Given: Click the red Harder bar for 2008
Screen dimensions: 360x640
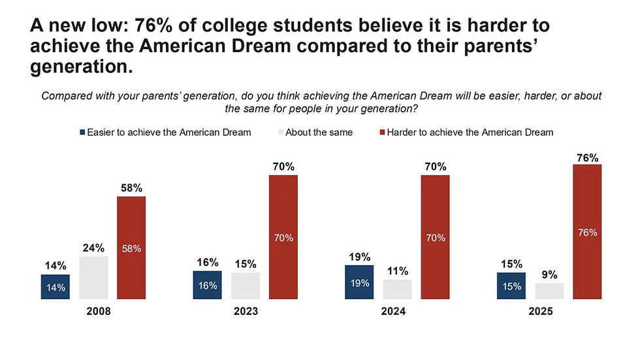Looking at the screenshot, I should tap(131, 248).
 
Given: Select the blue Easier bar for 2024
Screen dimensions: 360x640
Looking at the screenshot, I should tap(359, 282).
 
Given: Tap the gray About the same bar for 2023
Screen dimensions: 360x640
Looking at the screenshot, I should tap(246, 286).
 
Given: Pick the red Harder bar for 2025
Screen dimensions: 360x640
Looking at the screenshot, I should tap(586, 232).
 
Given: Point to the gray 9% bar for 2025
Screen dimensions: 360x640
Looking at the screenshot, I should tap(549, 291).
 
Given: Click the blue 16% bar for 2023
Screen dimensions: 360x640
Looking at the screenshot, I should tap(208, 285).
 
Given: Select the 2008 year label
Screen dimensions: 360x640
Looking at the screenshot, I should tap(99, 312).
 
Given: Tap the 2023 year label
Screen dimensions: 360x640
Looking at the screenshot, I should tap(246, 312).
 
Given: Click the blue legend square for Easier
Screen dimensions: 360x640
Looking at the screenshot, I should tap(84, 132).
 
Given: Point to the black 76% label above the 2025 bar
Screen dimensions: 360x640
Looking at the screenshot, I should tap(587, 157).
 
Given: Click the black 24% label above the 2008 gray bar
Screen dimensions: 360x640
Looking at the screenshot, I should tap(93, 248).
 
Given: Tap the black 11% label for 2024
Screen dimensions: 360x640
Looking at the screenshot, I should tap(397, 271).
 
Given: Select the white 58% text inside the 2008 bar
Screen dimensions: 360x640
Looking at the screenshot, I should tap(131, 248).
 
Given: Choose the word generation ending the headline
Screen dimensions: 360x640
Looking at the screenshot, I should tap(82, 65).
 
